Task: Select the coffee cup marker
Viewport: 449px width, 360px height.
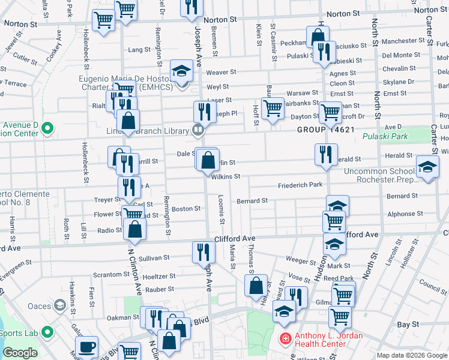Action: (87, 346)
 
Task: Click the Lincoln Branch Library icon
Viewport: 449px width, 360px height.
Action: (197, 130)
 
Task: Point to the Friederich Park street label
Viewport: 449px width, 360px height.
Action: (300, 185)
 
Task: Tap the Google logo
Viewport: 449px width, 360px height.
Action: (20, 353)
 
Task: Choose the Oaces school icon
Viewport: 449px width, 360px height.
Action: (59, 305)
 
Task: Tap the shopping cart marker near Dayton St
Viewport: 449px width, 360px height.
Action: (330, 112)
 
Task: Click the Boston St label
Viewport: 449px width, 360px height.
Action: (186, 209)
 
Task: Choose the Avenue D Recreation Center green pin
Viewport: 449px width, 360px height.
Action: (48, 128)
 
